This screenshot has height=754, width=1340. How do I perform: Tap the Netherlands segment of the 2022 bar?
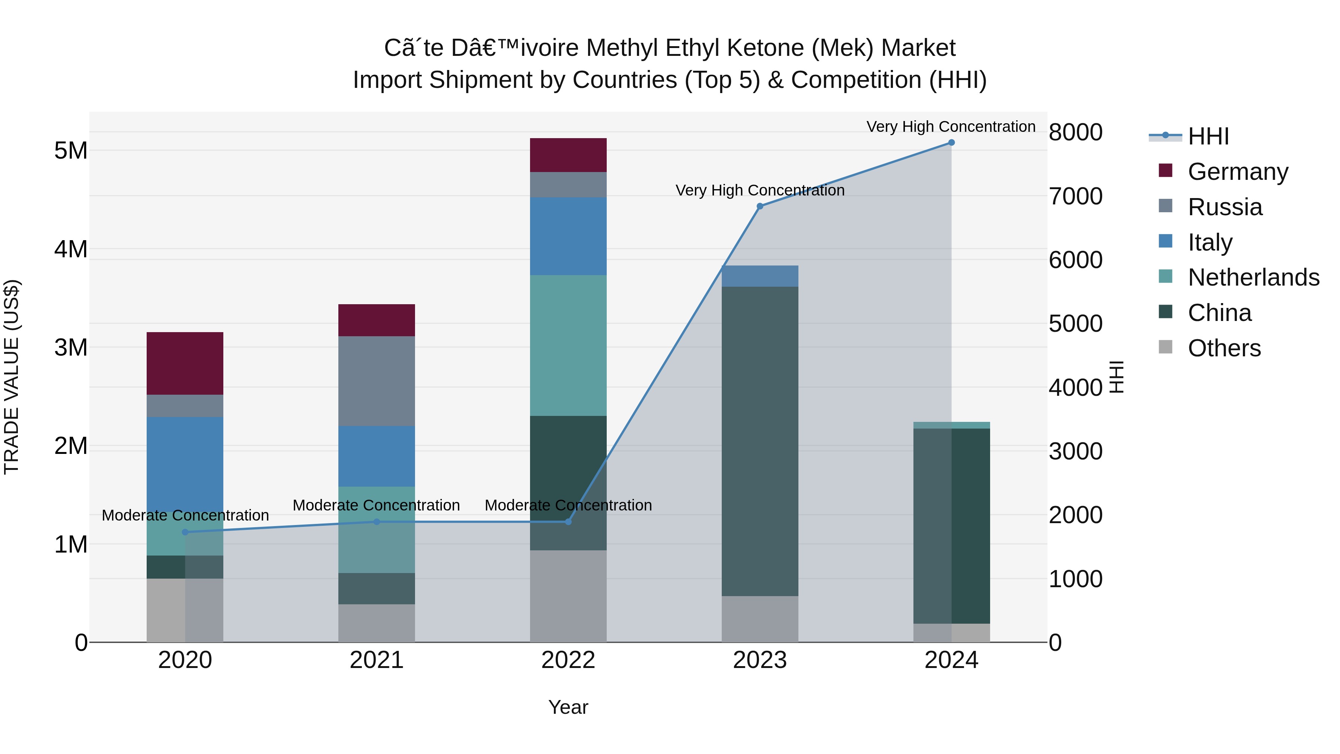[x=568, y=345]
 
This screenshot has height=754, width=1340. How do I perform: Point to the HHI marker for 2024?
[x=951, y=143]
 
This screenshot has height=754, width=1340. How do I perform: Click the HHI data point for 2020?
[x=185, y=532]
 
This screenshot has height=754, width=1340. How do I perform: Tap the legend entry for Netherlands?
[x=1253, y=277]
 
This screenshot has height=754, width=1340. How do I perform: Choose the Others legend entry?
[x=1223, y=348]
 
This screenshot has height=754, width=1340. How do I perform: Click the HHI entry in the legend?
[x=1208, y=136]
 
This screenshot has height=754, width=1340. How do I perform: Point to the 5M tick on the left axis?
[x=71, y=151]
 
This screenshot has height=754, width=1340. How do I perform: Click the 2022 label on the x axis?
[x=568, y=660]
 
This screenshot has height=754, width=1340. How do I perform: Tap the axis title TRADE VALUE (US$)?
[x=12, y=377]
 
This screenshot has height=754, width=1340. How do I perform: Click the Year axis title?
[x=568, y=707]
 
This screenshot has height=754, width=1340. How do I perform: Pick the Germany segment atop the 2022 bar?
[x=568, y=155]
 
